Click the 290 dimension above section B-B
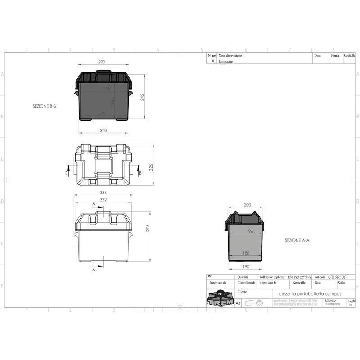point(103,62)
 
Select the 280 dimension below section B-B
point(103,130)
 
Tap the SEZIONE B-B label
point(44,107)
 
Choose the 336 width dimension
point(103,193)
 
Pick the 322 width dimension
point(103,199)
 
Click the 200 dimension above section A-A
point(247,205)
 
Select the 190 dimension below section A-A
point(246,266)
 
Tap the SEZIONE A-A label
point(297,240)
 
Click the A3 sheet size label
point(238,303)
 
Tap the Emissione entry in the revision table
point(225,61)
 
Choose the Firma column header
point(335,56)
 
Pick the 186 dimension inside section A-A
point(246,253)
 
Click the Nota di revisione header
point(230,56)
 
